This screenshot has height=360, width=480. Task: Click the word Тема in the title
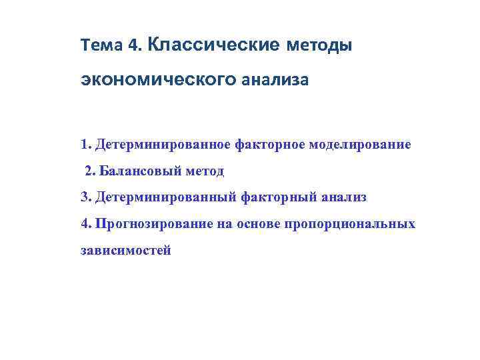pyautogui.click(x=102, y=46)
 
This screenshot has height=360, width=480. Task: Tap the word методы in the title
pyautogui.click(x=319, y=46)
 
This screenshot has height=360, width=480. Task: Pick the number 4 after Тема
pyautogui.click(x=133, y=46)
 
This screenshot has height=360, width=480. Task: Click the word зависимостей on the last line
pyautogui.click(x=125, y=251)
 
